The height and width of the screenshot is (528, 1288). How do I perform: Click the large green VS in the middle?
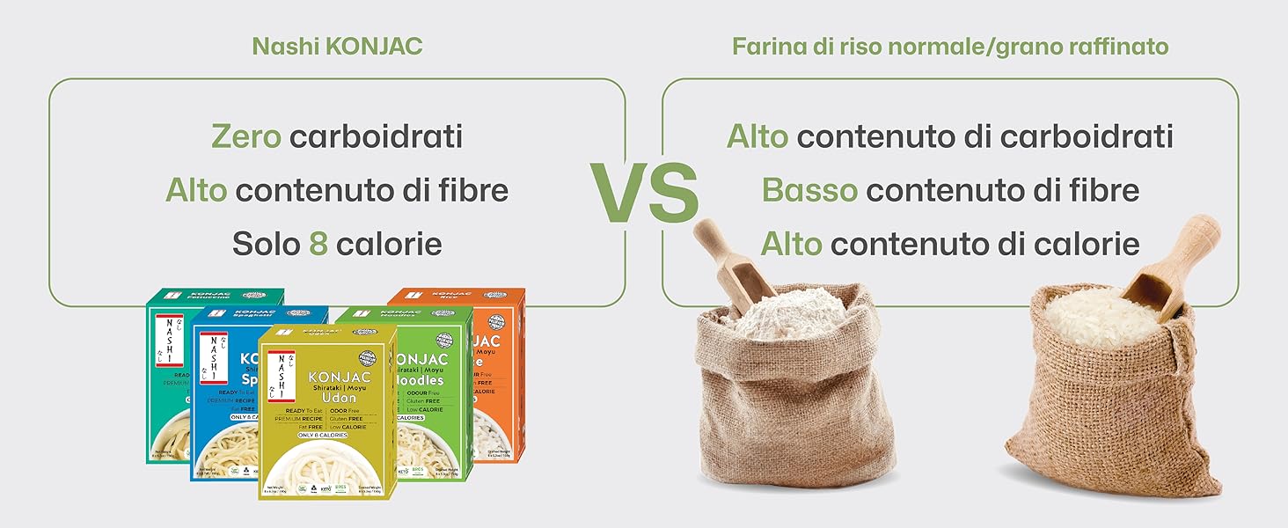click(643, 192)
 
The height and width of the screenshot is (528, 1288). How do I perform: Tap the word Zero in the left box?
click(245, 136)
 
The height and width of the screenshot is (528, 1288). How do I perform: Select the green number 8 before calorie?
click(318, 244)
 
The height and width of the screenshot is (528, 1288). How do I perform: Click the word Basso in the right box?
click(809, 190)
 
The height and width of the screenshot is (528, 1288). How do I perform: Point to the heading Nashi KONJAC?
click(337, 46)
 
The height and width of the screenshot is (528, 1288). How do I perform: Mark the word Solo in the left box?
click(267, 244)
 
